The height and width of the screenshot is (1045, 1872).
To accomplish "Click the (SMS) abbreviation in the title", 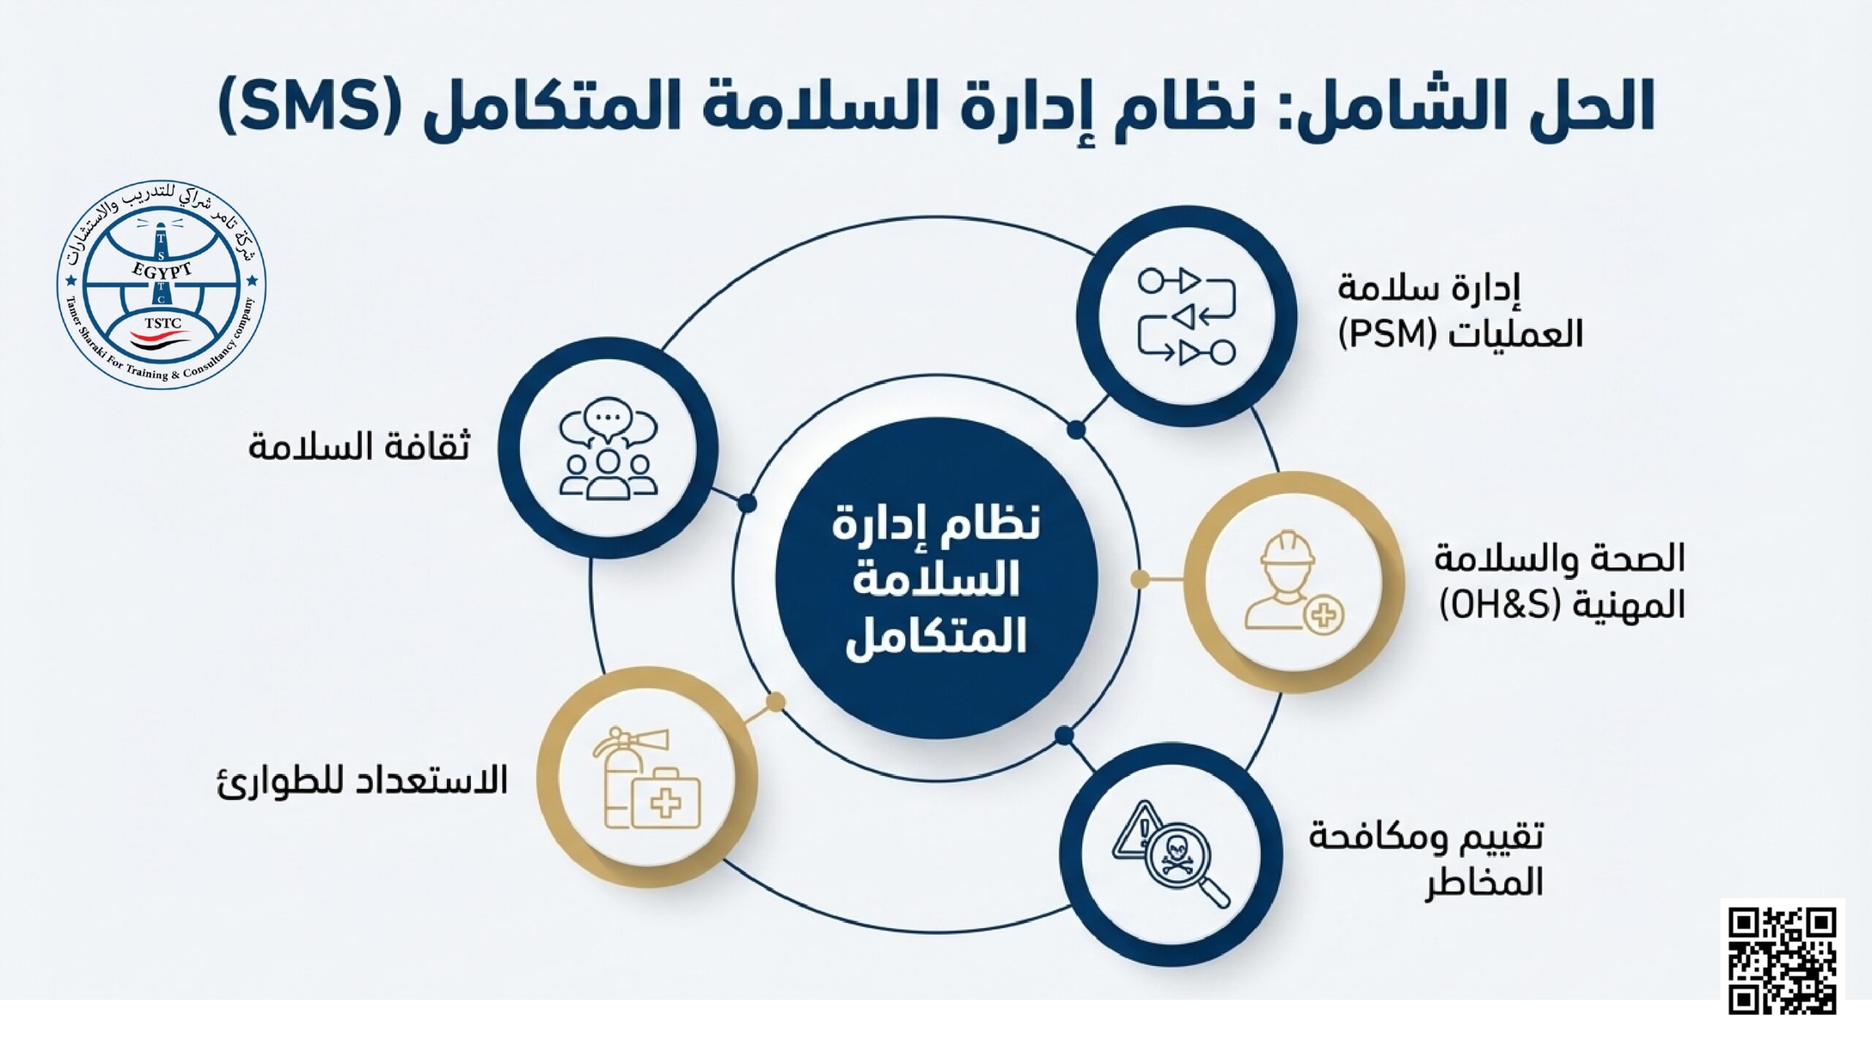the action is click(x=309, y=107).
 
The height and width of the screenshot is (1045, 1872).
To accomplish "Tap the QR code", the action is click(x=1782, y=960).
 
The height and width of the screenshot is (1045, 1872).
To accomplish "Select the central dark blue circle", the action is click(x=936, y=578).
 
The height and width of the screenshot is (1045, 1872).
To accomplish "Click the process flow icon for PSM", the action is click(x=1186, y=316).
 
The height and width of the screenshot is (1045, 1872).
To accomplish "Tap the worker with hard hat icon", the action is click(x=1294, y=582).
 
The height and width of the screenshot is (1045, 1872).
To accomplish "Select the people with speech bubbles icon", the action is click(x=608, y=448).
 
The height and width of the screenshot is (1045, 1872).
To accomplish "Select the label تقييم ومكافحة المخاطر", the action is click(x=1426, y=859).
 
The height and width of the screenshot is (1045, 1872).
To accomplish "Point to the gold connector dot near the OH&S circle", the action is click(x=1139, y=580).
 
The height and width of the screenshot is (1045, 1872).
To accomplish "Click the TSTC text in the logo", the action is click(x=162, y=323).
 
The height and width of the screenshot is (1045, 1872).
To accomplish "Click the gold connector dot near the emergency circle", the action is click(x=775, y=703).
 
